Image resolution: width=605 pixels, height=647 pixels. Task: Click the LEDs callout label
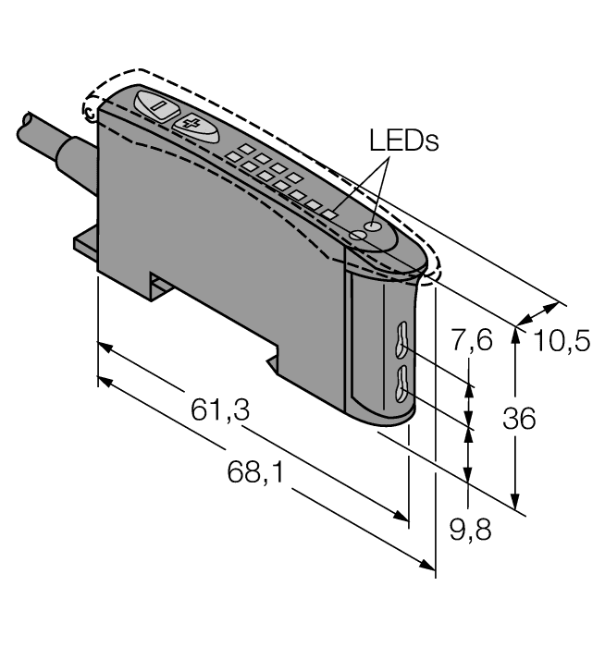pyautogui.click(x=403, y=140)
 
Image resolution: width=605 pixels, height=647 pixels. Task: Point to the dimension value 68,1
pyautogui.click(x=255, y=474)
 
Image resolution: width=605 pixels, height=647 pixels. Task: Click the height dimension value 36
pyautogui.click(x=518, y=419)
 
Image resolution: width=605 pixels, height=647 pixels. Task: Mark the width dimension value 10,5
pyautogui.click(x=562, y=342)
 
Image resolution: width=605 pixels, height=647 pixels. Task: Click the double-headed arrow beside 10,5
pyautogui.click(x=541, y=314)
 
